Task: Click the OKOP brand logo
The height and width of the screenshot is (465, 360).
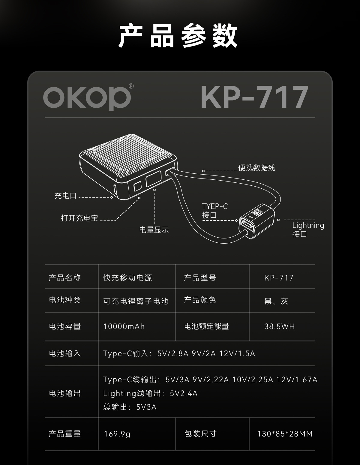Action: [87, 97]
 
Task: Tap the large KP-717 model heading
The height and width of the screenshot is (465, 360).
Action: [254, 97]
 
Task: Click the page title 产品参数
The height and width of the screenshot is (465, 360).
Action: [179, 36]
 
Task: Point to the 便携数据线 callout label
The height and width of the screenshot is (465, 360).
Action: [256, 168]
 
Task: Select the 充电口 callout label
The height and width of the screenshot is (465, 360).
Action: [65, 196]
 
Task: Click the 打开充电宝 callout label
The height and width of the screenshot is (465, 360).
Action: [79, 218]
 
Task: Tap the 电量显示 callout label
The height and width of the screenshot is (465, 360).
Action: [154, 230]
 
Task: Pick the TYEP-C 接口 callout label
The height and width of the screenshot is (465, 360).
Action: [215, 211]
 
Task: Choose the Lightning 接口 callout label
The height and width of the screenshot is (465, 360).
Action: [308, 229]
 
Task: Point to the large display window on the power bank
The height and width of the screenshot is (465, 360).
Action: [153, 179]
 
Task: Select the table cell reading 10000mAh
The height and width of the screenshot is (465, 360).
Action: [124, 326]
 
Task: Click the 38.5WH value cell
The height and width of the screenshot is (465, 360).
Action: [279, 326]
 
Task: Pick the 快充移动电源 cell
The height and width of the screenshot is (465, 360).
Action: [127, 278]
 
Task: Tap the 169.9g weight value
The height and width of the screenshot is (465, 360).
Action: [117, 434]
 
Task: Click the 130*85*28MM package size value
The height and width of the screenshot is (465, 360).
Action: [285, 434]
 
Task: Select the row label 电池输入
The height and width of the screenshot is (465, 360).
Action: [65, 353]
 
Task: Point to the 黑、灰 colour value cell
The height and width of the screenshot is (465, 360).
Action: [276, 301]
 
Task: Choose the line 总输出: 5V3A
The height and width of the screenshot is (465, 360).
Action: [130, 407]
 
